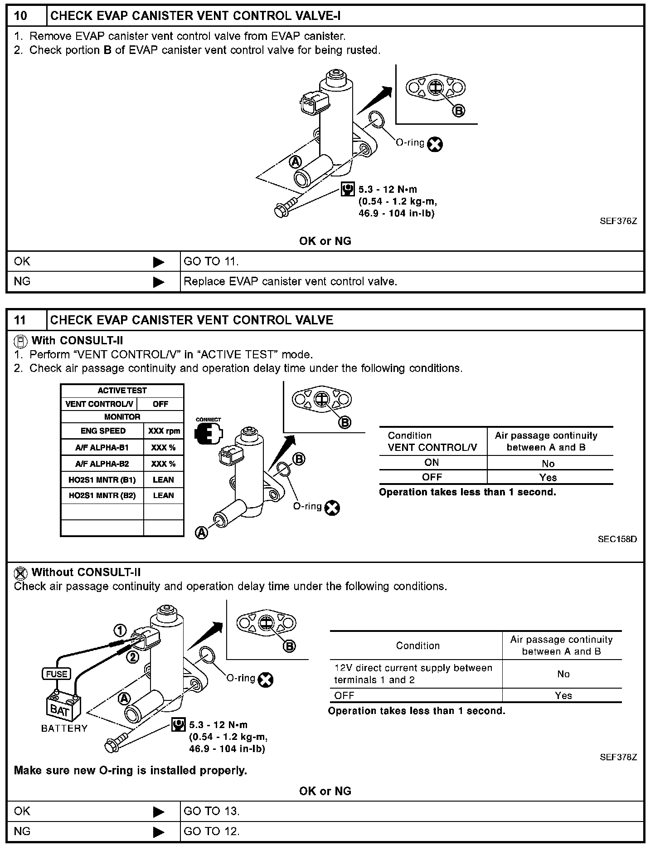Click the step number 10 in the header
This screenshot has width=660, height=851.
21,16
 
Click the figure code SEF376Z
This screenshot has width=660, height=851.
618,221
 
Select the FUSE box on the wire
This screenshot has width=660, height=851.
57,674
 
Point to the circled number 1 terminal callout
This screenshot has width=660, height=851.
120,631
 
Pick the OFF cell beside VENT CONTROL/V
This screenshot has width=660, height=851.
160,404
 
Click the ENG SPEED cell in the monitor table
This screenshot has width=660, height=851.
103,431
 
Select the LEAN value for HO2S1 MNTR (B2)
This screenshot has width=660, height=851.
163,495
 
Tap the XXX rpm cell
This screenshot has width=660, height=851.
164,431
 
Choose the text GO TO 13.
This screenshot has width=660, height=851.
211,811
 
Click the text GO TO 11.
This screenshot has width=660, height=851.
211,261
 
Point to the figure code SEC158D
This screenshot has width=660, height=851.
617,539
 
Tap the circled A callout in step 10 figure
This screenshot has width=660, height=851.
295,161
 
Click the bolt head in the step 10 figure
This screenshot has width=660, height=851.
281,211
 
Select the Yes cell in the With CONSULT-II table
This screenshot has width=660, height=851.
548,477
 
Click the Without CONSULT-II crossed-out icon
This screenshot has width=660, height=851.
20,573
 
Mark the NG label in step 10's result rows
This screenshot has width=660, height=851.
22,281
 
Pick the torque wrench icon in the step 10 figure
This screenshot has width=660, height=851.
348,189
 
